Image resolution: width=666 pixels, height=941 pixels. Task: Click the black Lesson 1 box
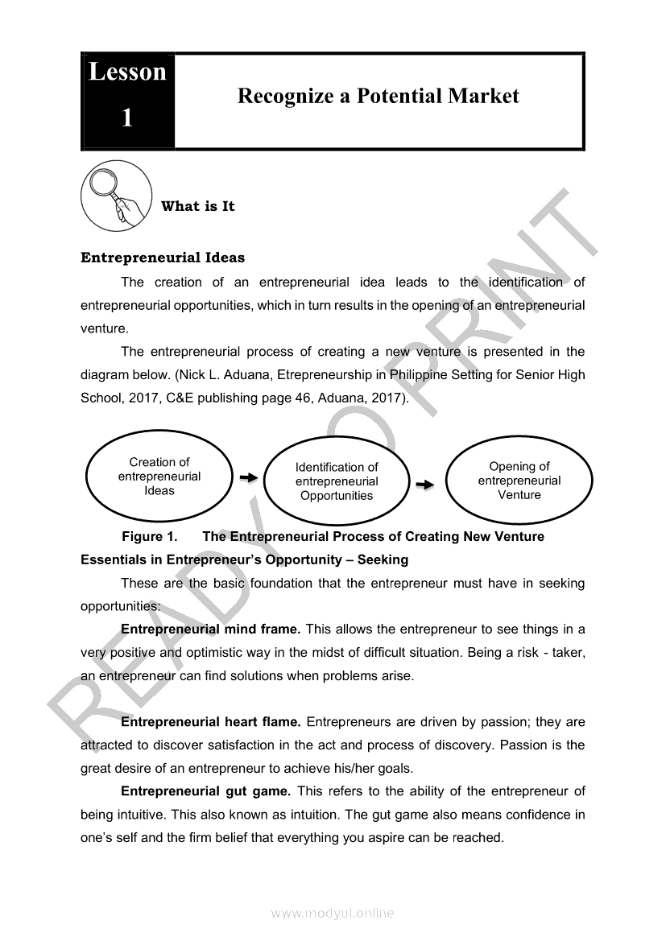pyautogui.click(x=127, y=101)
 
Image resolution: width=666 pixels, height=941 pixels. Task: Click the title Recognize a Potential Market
pyautogui.click(x=378, y=97)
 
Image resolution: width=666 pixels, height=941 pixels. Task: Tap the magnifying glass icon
pyautogui.click(x=116, y=196)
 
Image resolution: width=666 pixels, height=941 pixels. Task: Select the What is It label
pyautogui.click(x=197, y=206)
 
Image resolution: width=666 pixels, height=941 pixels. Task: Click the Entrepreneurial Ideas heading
pyautogui.click(x=163, y=258)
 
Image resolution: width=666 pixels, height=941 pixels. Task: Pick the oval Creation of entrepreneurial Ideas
pyautogui.click(x=159, y=477)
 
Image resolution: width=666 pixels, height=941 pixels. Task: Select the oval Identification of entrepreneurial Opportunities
pyautogui.click(x=337, y=481)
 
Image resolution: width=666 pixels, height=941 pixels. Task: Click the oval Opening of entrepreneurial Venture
pyautogui.click(x=519, y=481)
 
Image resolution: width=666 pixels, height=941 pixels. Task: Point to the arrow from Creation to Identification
pyautogui.click(x=248, y=478)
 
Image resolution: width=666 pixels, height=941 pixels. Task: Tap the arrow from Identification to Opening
pyautogui.click(x=424, y=485)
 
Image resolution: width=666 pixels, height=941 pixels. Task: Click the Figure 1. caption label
pyautogui.click(x=149, y=536)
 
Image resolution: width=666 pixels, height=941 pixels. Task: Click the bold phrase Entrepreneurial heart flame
pyautogui.click(x=210, y=722)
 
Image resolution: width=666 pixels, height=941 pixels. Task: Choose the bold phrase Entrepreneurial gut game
pyautogui.click(x=205, y=791)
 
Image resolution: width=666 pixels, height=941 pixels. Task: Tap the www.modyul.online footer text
pyautogui.click(x=333, y=913)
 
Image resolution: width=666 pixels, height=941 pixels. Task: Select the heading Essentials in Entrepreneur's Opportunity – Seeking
pyautogui.click(x=244, y=559)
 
